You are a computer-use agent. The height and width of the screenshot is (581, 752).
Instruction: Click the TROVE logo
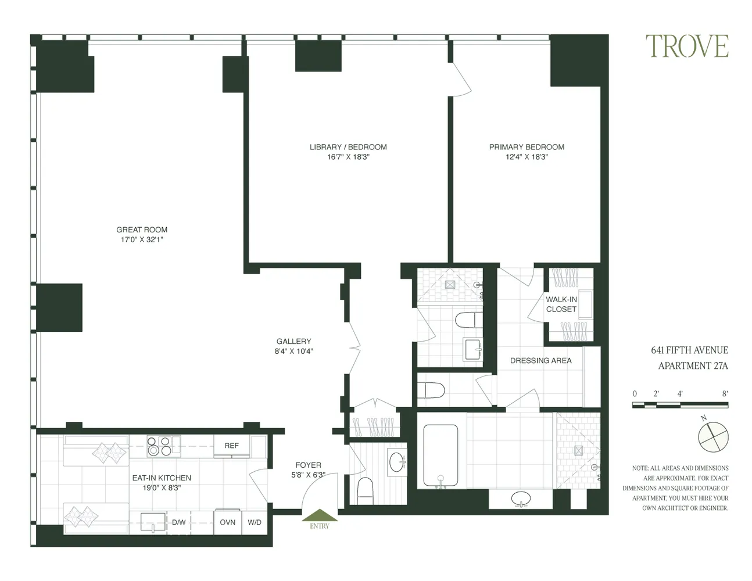(686, 46)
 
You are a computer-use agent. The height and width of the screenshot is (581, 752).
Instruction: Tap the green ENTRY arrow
(319, 517)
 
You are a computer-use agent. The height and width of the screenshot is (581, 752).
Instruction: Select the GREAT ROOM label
(142, 229)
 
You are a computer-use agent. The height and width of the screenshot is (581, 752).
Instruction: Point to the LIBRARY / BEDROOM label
(348, 147)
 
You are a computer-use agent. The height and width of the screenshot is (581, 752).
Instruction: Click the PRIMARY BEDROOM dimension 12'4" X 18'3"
(527, 157)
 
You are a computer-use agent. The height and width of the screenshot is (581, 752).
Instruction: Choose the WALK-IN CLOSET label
(561, 304)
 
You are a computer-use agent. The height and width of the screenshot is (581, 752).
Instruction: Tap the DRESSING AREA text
(540, 360)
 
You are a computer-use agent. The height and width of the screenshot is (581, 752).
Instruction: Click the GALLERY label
(293, 341)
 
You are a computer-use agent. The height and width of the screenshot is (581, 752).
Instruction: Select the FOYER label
(308, 465)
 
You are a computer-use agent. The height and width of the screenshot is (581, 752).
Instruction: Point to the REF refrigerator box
(231, 446)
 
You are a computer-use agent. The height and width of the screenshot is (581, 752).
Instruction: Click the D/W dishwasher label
(178, 522)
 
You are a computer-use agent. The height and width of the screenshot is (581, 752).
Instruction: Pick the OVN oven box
(227, 522)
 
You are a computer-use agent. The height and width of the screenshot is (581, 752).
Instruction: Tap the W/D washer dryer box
(255, 522)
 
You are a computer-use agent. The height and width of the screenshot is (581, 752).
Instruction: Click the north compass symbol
(712, 436)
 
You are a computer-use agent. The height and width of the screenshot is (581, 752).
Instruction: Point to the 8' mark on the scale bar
(725, 393)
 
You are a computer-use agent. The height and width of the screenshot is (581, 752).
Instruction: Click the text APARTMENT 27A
(693, 365)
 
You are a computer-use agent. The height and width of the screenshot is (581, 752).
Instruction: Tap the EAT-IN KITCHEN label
(162, 478)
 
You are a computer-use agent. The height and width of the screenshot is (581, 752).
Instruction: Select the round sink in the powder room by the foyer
(397, 462)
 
